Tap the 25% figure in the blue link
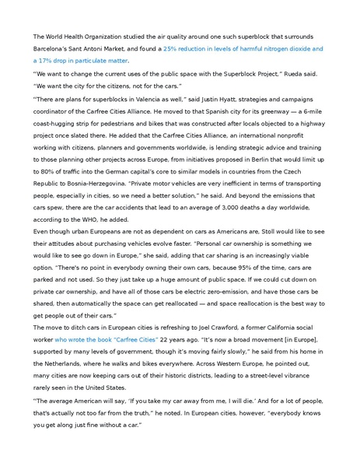[170, 48]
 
